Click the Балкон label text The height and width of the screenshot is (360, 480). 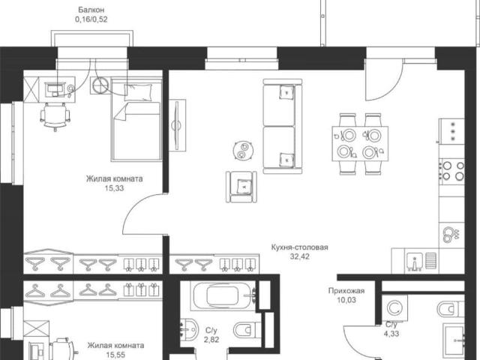coord(91,10)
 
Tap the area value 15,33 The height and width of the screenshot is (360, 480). coord(114,188)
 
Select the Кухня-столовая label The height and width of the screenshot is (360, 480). coord(300,247)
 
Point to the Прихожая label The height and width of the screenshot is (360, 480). coord(346,290)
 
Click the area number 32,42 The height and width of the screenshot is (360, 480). coord(300,256)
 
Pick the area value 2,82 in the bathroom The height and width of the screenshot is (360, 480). coord(211,340)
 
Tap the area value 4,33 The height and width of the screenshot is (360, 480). coord(391,334)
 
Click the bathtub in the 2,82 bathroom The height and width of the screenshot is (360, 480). coord(223,295)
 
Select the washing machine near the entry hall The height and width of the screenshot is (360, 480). coord(395,308)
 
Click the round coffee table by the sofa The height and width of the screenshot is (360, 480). coord(243,150)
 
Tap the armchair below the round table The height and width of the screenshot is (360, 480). coord(241,187)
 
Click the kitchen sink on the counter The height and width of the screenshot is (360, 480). coord(415,262)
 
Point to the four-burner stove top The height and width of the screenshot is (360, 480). coord(452,171)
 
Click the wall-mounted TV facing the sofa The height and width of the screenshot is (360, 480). coord(177,125)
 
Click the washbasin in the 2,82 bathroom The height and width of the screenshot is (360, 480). coord(188,329)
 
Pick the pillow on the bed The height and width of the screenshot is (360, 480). coord(138,91)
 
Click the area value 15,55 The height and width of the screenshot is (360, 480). coord(115,355)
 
